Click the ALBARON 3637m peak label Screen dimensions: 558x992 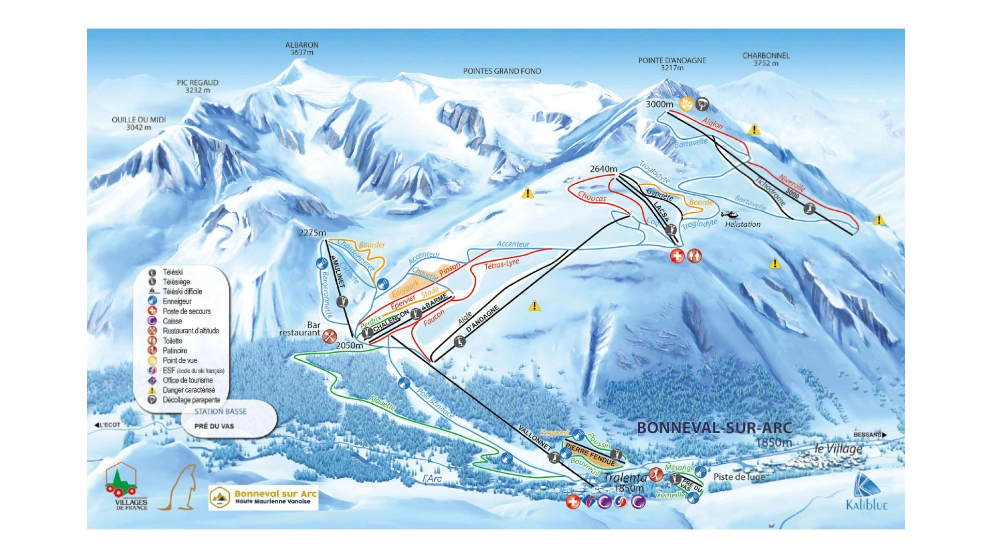[x=302, y=49]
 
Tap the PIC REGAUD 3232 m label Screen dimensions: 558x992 [x=198, y=86]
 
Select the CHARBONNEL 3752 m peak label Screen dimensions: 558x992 [x=765, y=59]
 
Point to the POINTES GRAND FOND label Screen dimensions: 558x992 [x=502, y=71]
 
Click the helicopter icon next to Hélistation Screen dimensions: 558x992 [x=730, y=214]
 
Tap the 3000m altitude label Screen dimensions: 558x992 [x=659, y=105]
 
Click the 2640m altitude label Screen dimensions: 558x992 [x=603, y=169]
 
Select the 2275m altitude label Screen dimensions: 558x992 [x=312, y=233]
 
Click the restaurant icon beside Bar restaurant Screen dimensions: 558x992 [x=329, y=336]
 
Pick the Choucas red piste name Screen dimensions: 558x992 [x=592, y=197]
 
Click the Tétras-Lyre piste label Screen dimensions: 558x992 [x=501, y=265]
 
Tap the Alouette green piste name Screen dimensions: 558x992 [x=382, y=403]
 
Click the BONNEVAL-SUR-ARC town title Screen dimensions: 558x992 [x=714, y=428]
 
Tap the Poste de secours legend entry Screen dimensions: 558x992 [x=186, y=311]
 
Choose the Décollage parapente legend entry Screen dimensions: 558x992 [x=191, y=400]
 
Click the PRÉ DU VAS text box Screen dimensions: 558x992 [x=214, y=426]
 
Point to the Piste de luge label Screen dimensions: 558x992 [x=739, y=477]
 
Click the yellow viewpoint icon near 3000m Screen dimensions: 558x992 [x=686, y=104]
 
